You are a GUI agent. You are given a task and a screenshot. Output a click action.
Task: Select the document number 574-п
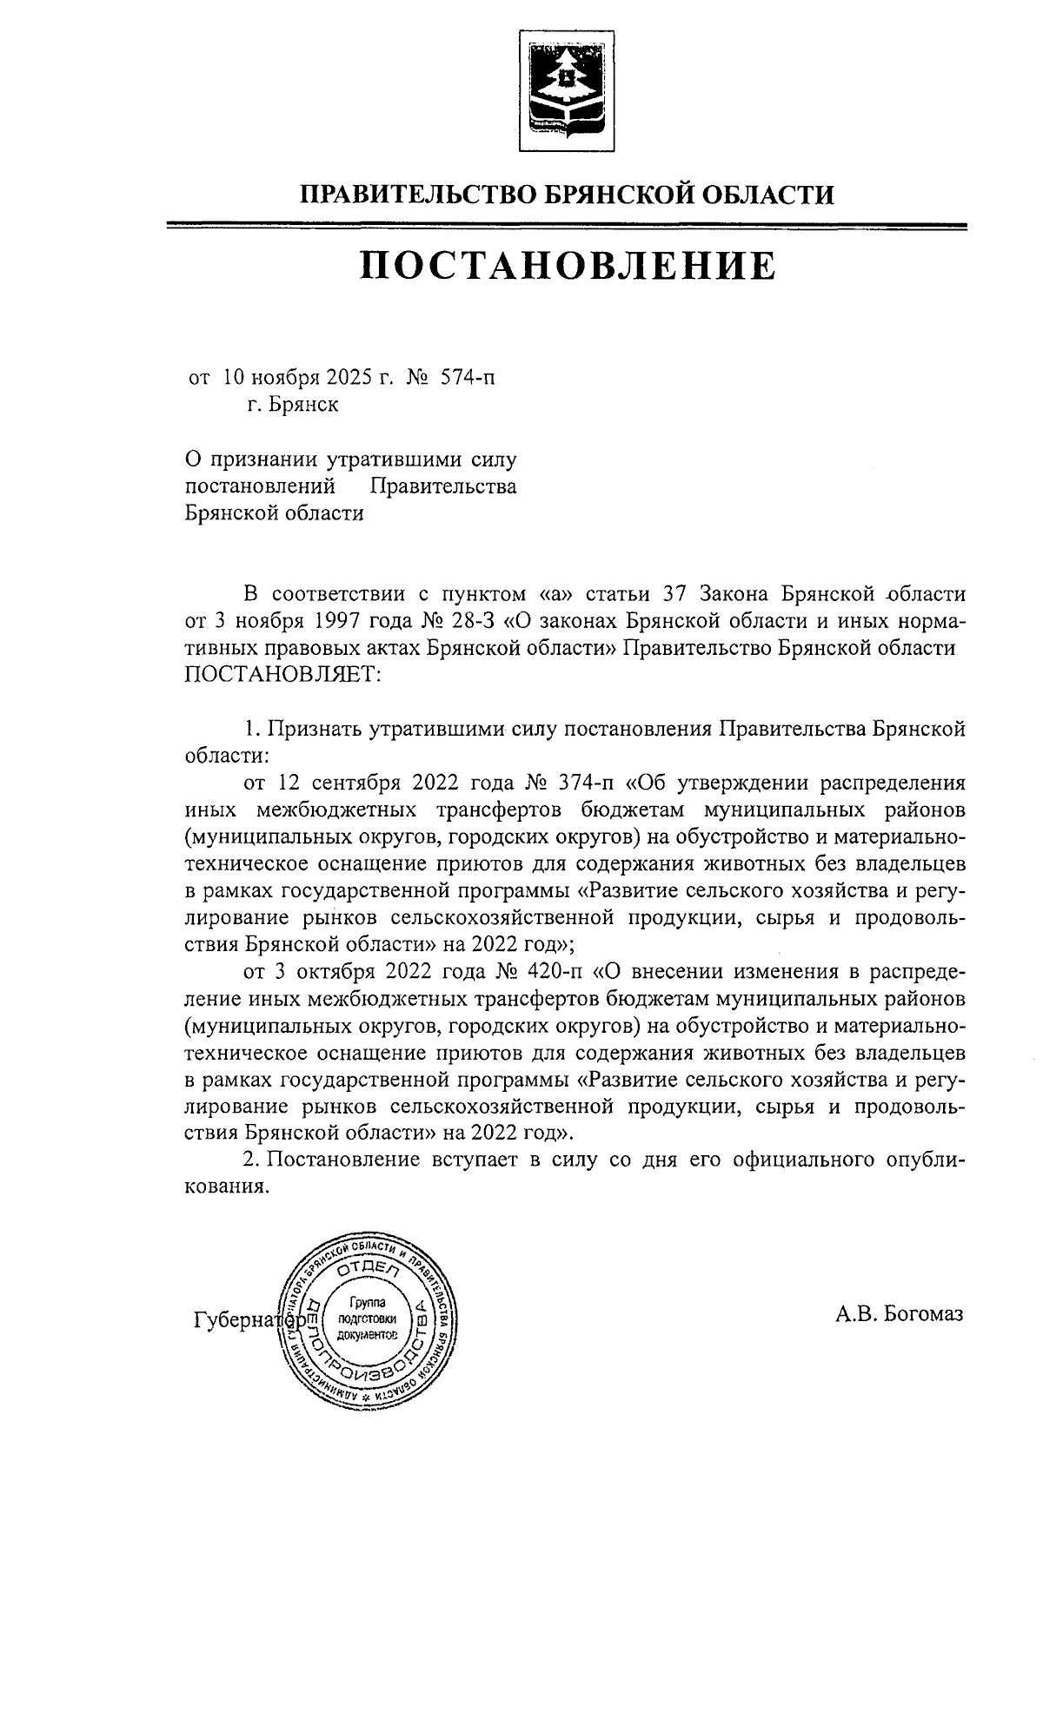pyautogui.click(x=470, y=378)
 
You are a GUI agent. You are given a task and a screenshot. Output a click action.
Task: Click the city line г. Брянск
pyautogui.click(x=293, y=404)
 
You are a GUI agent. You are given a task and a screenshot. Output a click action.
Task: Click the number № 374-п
pyautogui.click(x=569, y=782)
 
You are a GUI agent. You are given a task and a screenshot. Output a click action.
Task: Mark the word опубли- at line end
pyautogui.click(x=922, y=1160)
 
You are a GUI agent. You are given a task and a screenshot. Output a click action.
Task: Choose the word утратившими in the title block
pyautogui.click(x=386, y=459)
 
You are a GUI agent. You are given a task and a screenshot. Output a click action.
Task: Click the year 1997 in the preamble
pyautogui.click(x=353, y=622)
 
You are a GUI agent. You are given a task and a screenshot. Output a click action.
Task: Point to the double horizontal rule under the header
pyautogui.click(x=568, y=228)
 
